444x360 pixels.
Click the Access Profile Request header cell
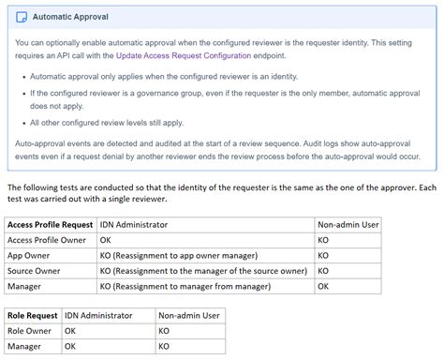[51, 225]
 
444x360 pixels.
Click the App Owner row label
[30, 255]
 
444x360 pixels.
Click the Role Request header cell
[33, 316]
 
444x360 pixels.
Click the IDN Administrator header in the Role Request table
[98, 316]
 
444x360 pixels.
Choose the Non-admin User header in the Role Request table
[189, 316]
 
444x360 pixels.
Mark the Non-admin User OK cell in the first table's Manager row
[323, 285]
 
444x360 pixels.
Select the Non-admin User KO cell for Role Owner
[164, 331]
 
